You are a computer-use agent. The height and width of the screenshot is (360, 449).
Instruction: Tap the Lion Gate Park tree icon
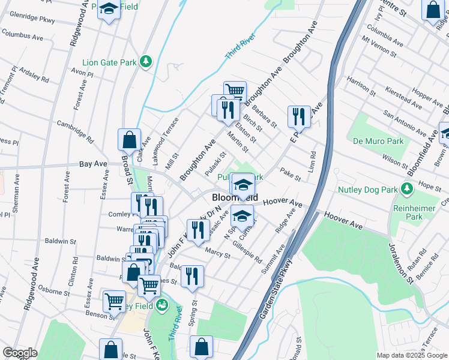coord(145,61)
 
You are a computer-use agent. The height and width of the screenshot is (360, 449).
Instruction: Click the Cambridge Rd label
coord(76,130)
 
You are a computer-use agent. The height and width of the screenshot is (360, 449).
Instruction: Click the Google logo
coord(20,353)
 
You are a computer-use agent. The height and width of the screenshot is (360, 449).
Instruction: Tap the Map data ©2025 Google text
coord(411,355)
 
